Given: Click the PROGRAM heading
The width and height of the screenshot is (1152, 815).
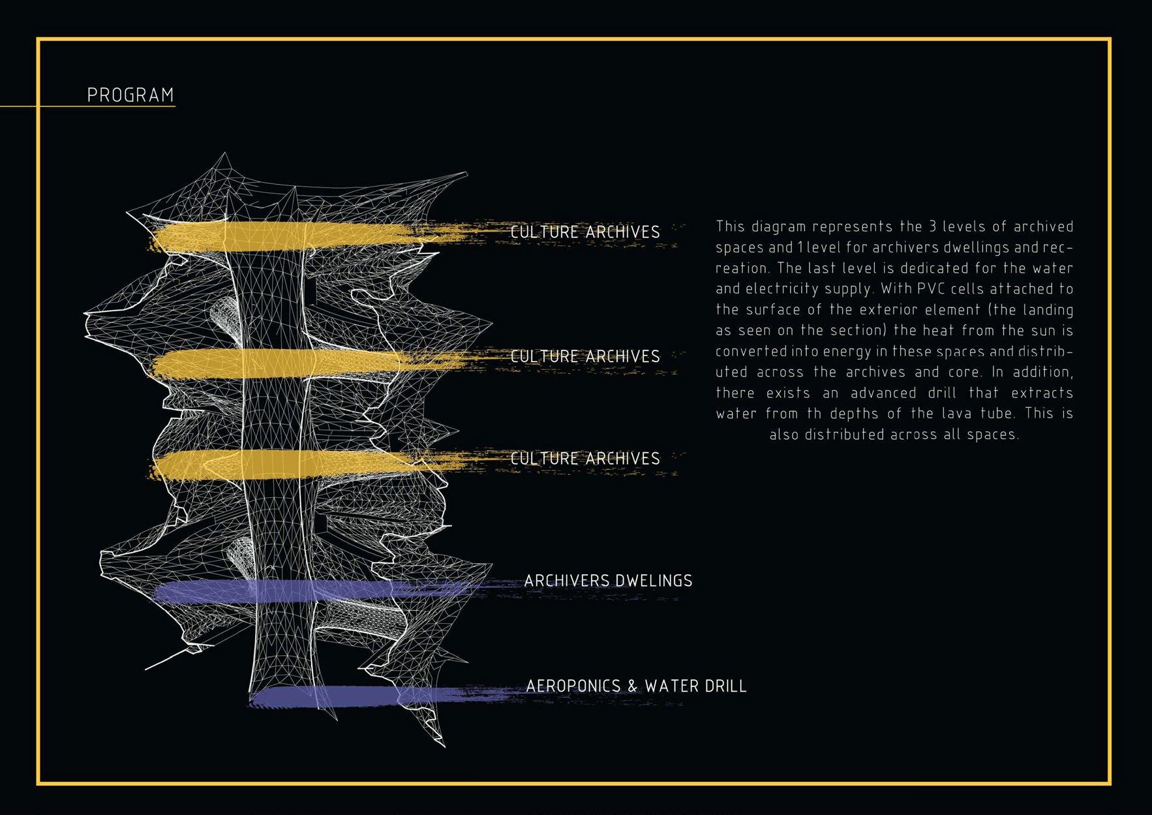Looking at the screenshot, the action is [x=130, y=95].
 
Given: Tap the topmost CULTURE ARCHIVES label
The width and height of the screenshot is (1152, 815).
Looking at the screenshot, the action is [x=585, y=232].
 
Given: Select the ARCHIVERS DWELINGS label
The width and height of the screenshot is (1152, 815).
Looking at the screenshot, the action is [x=608, y=581].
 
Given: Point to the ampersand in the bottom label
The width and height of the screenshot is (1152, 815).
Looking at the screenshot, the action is [x=633, y=686].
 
